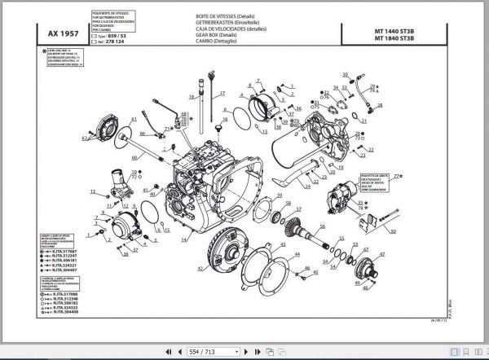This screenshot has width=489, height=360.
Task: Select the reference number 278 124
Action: pos(118,43)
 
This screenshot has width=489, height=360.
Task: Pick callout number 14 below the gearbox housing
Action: pos(184,239)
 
